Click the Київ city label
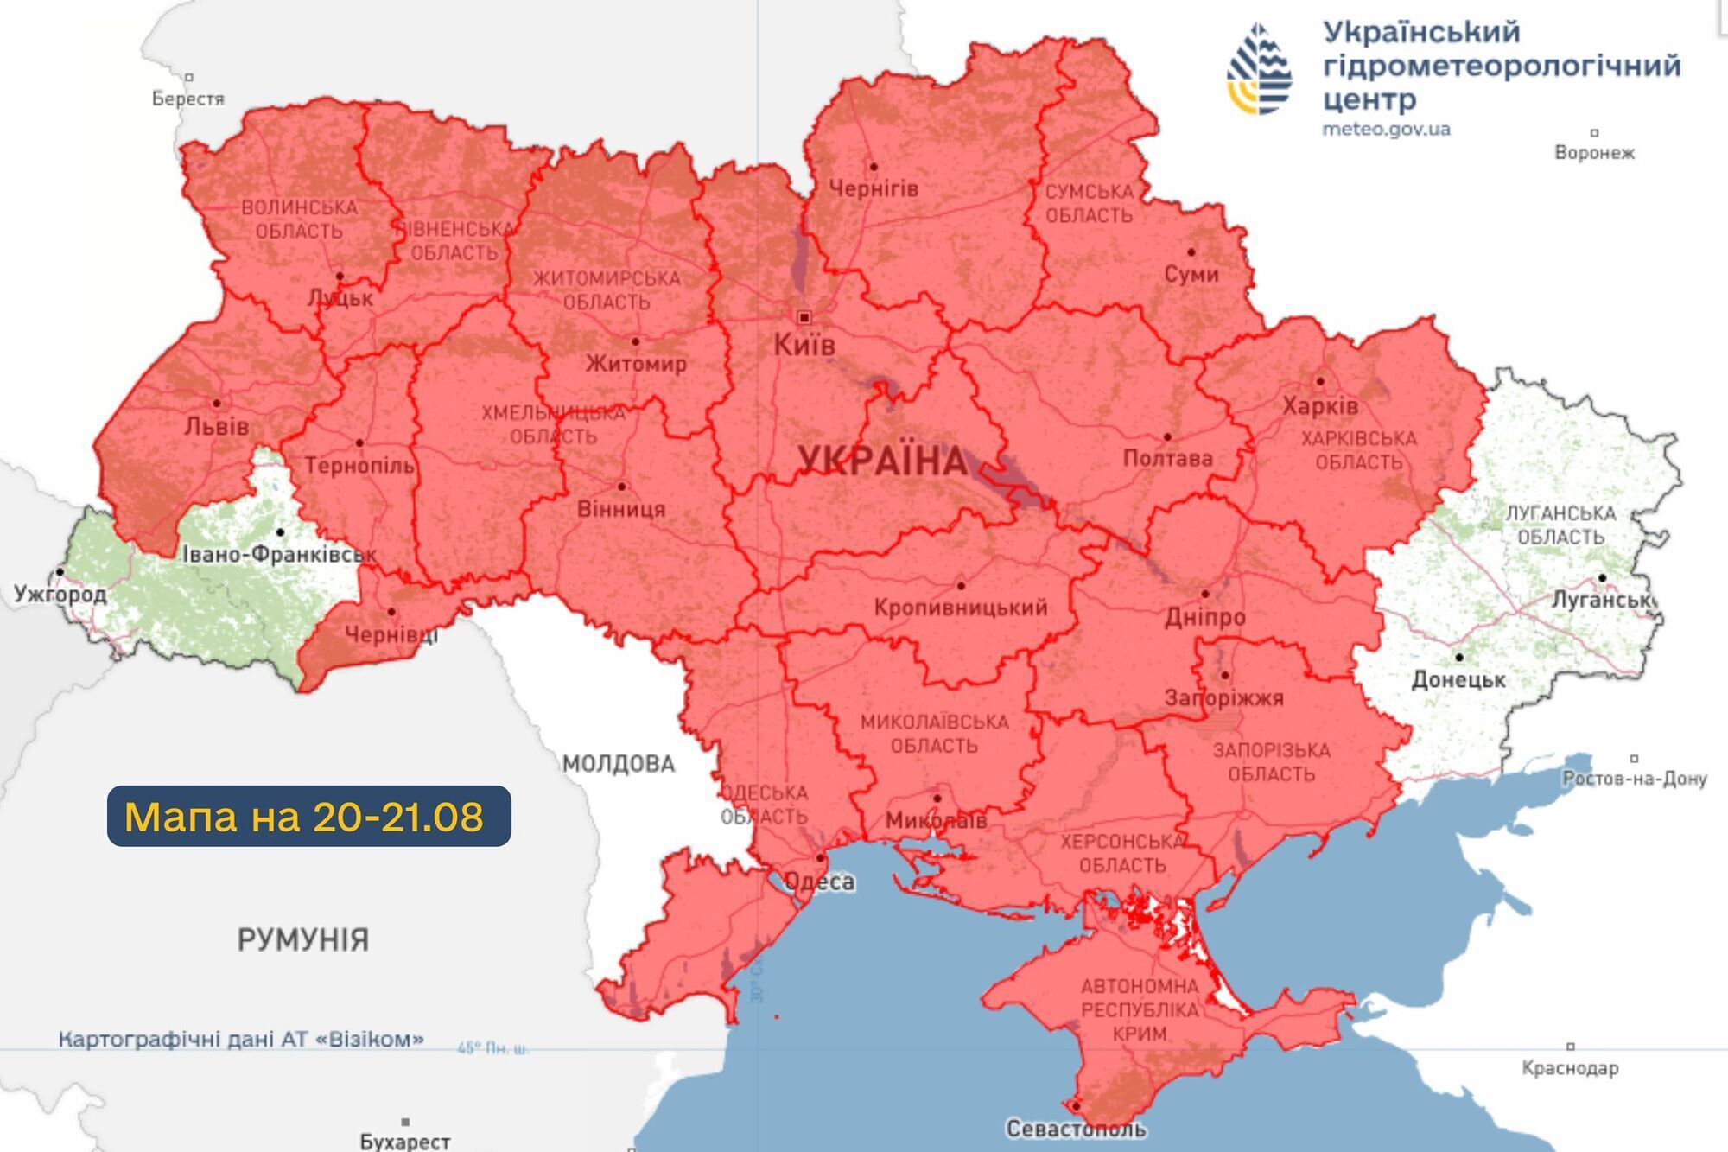tap(804, 346)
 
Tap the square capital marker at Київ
tap(804, 318)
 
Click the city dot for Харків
tap(1319, 381)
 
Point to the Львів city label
tap(216, 427)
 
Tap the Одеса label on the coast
tap(819, 882)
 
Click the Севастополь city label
tap(1076, 1129)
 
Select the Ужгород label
tap(60, 595)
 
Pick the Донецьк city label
tap(1458, 680)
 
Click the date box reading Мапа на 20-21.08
tap(308, 816)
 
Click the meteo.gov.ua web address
tap(1386, 130)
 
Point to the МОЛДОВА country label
tap(618, 764)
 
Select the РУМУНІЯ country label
tap(302, 939)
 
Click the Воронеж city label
tap(1594, 153)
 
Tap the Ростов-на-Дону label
tap(1634, 779)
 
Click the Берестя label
tap(187, 99)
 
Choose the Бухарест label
tap(404, 1142)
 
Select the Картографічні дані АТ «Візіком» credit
tap(241, 1039)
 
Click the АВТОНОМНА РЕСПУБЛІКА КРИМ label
tap(1140, 1009)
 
